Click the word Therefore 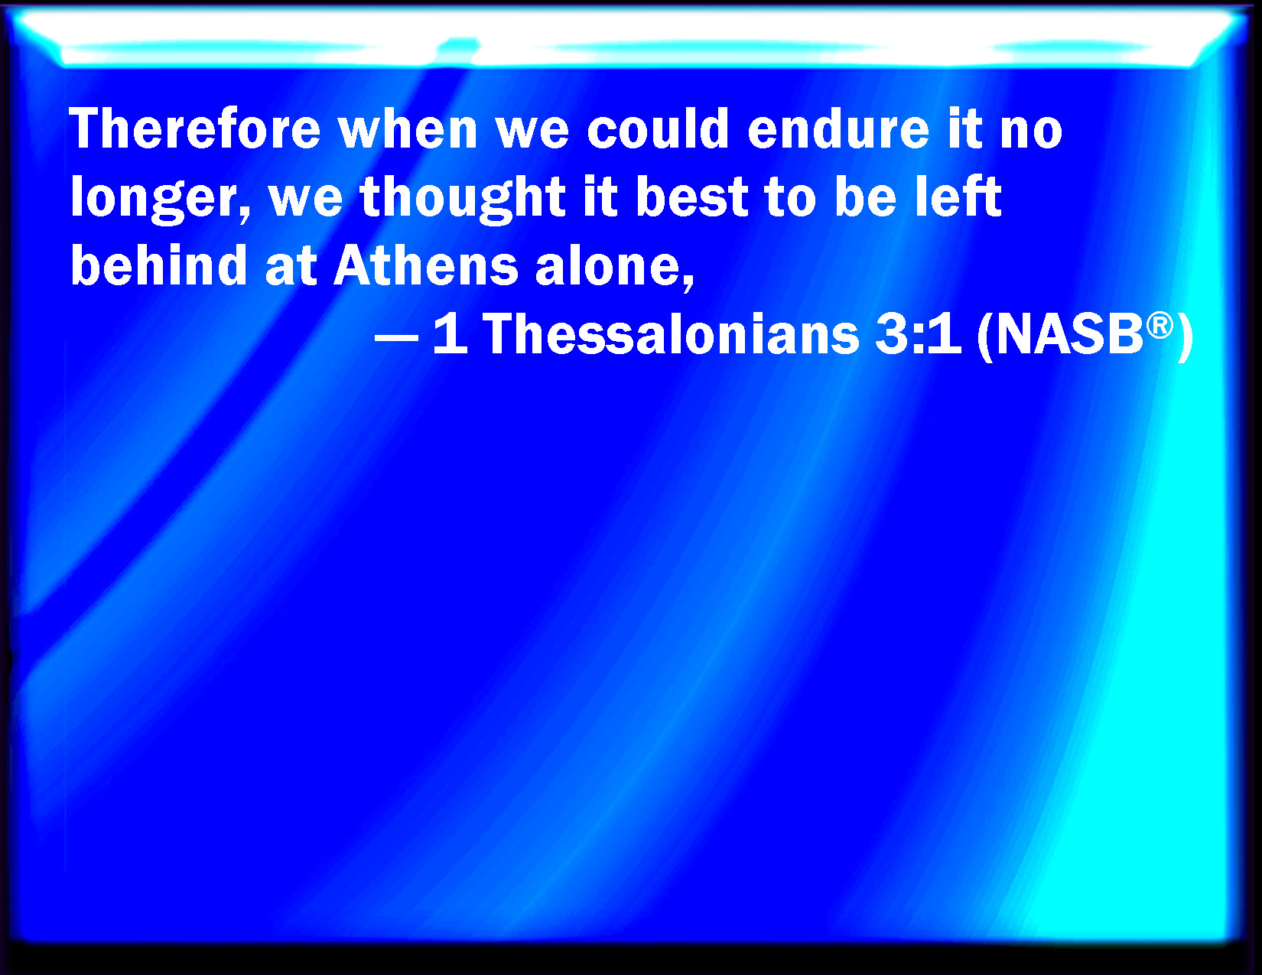195,128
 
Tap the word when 408,128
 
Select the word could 658,128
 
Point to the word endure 838,128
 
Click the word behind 159,265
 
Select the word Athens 426,265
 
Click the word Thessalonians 671,334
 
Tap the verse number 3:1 918,334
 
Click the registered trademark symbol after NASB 1160,325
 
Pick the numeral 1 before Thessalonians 450,334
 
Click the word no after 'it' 1031,134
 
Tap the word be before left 865,197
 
